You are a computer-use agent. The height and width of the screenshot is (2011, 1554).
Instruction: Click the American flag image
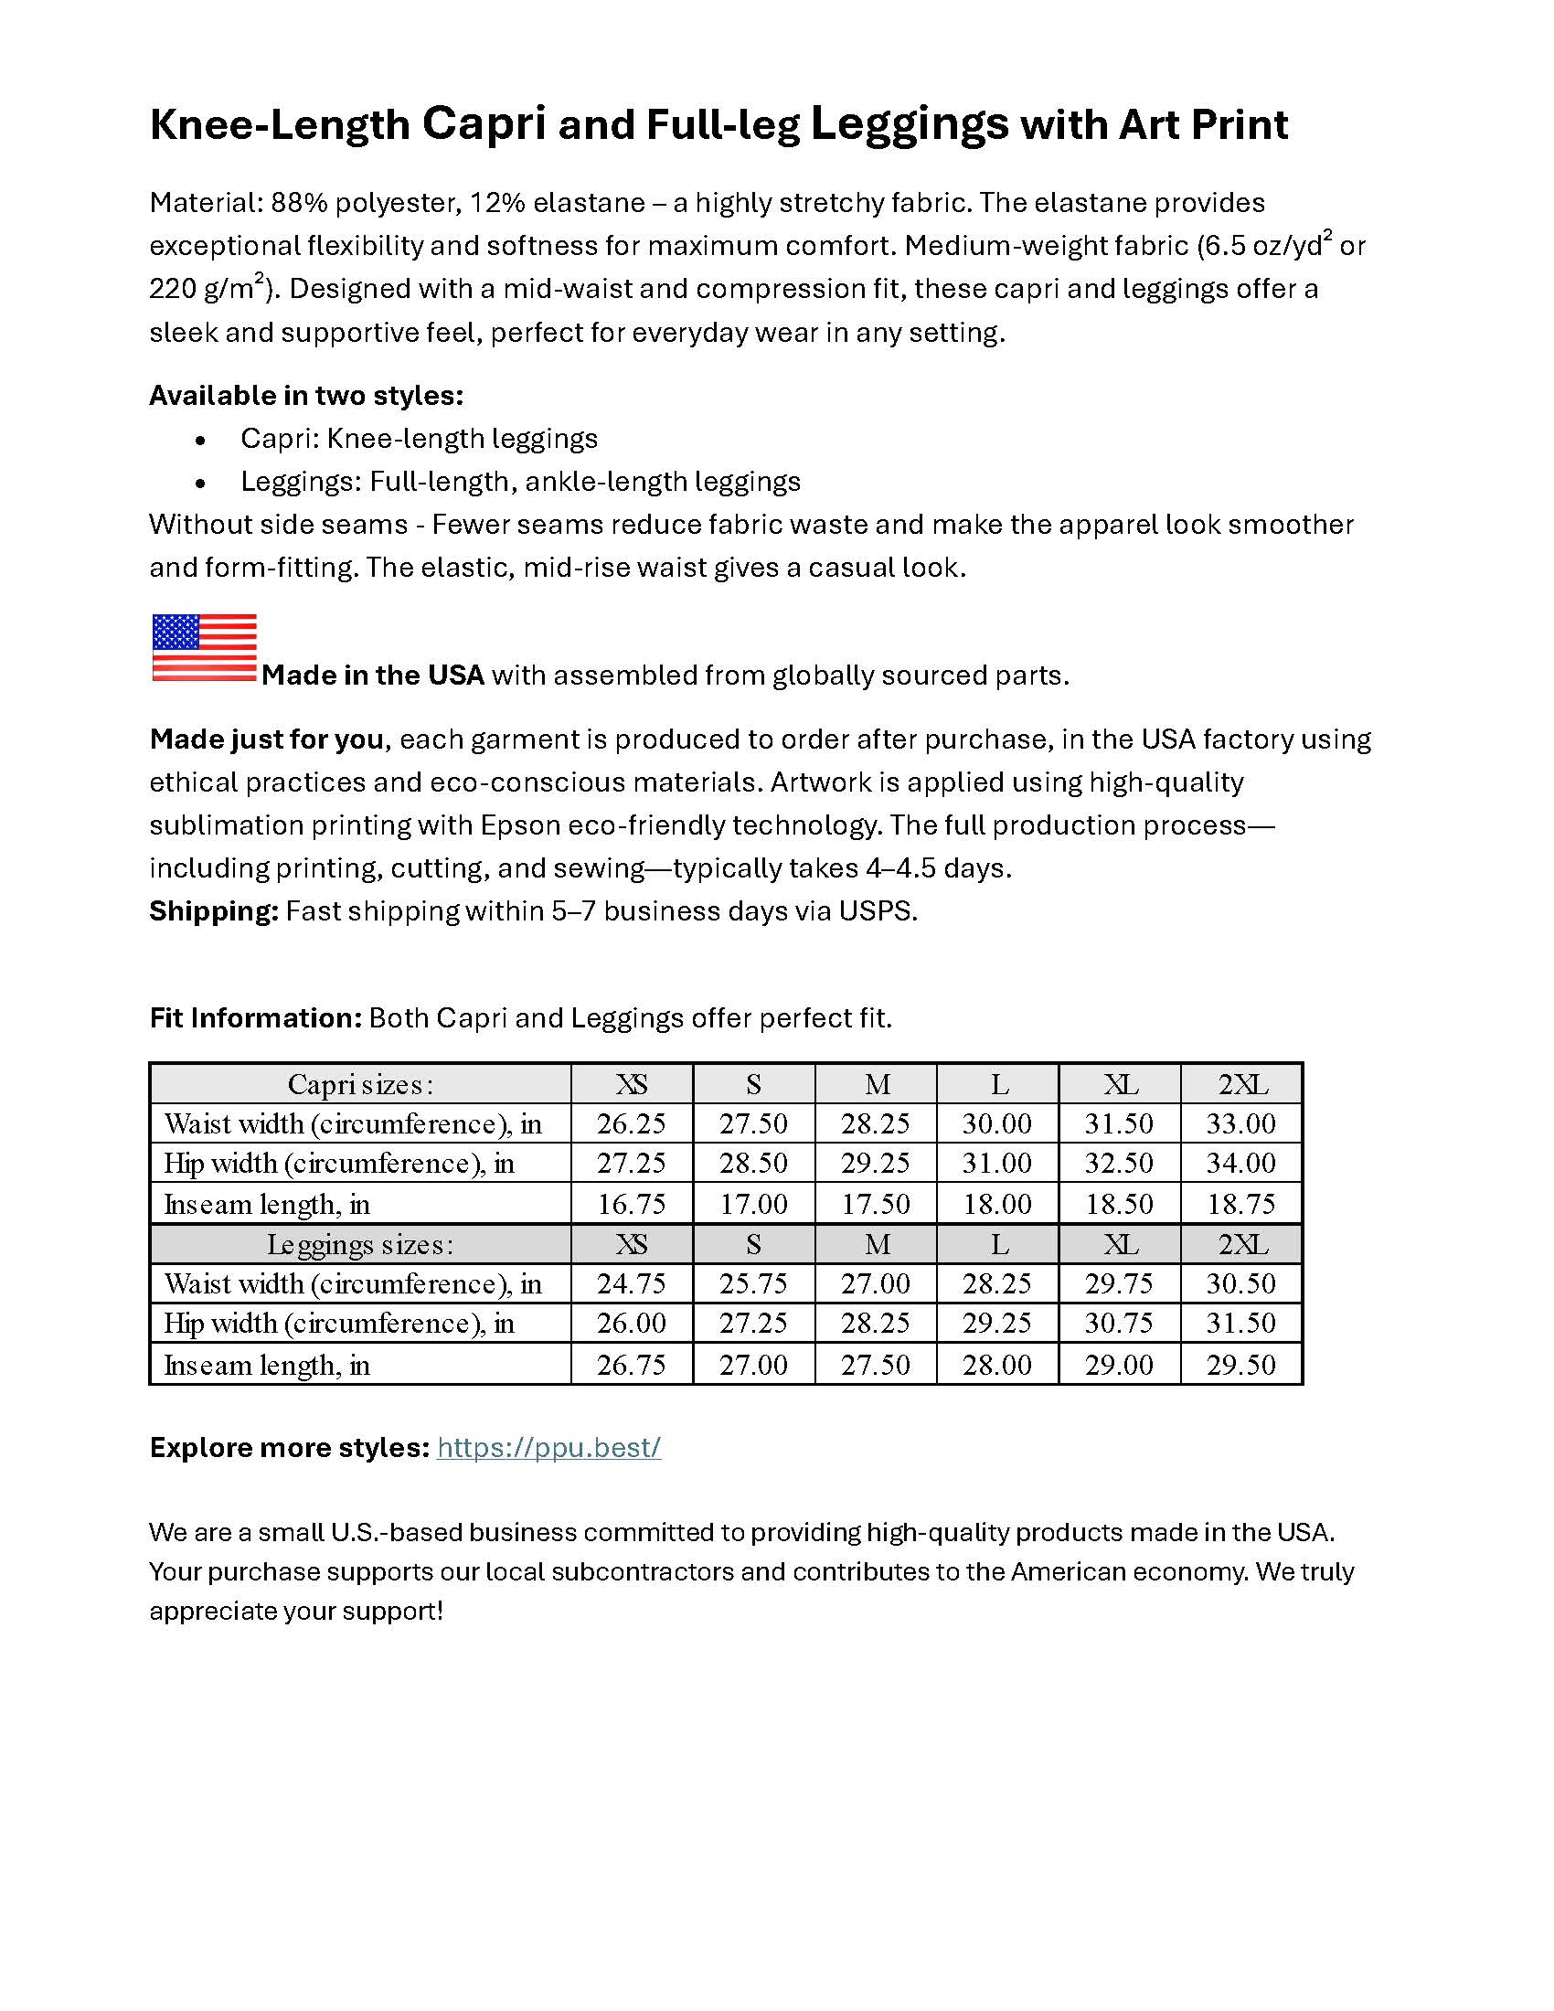[x=204, y=647]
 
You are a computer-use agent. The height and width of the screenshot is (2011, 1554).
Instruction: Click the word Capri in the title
[x=484, y=123]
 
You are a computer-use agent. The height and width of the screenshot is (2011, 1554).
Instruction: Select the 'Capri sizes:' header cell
[x=360, y=1084]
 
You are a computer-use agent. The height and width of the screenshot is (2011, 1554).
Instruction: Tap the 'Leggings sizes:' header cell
[x=360, y=1244]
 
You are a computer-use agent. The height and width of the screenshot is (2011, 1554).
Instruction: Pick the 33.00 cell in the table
[x=1241, y=1123]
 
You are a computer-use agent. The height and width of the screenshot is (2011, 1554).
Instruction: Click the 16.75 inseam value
[x=631, y=1204]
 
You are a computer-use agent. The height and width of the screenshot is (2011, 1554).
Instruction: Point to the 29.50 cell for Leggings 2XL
[x=1241, y=1364]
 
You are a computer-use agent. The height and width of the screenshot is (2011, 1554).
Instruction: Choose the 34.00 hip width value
[x=1241, y=1163]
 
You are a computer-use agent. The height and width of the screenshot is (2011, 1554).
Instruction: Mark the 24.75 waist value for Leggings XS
[x=631, y=1283]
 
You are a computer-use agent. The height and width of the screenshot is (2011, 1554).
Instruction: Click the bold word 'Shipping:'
[x=214, y=910]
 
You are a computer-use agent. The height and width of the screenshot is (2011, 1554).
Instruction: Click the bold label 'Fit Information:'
[x=256, y=1017]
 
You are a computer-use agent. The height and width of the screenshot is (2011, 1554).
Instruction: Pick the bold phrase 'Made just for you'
[x=267, y=739]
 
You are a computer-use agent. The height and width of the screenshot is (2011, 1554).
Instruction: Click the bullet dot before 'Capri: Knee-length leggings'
[x=201, y=441]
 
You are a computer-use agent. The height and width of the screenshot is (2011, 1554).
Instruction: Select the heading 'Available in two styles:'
[x=305, y=395]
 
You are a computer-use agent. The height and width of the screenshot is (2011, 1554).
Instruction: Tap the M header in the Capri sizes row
[x=877, y=1084]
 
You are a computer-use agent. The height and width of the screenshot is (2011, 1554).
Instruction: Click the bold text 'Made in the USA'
[x=372, y=675]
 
